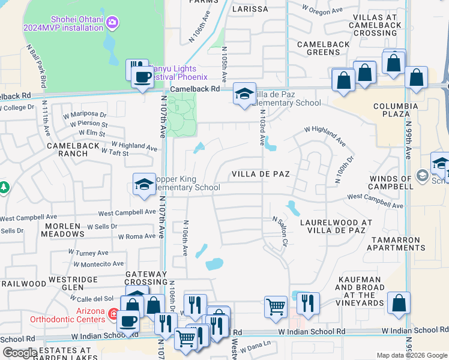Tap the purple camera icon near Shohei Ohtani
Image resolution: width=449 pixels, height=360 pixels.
tap(111, 22)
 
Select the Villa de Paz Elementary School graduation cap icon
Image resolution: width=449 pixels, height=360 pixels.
tap(244, 94)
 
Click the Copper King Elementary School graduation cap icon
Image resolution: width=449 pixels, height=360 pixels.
tap(144, 184)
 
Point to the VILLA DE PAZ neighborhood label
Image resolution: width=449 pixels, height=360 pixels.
tap(261, 174)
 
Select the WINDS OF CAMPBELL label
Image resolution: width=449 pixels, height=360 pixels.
tap(391, 182)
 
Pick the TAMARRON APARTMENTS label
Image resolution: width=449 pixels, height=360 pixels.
tap(398, 244)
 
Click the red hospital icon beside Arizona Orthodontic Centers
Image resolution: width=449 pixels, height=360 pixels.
tap(113, 313)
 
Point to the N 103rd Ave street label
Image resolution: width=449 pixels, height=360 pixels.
tap(262, 131)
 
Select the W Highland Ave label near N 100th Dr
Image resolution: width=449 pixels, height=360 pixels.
tap(325, 136)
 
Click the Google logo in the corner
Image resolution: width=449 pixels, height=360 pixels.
tap(19, 352)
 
